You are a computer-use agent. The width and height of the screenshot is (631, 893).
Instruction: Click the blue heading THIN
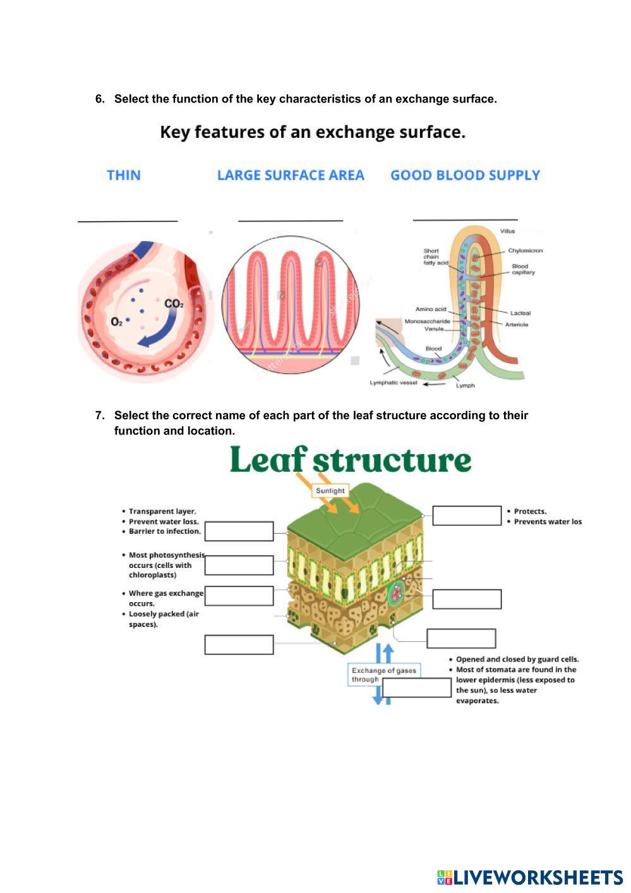pyautogui.click(x=124, y=175)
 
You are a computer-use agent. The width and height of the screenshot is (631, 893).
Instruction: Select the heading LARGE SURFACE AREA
pyautogui.click(x=291, y=175)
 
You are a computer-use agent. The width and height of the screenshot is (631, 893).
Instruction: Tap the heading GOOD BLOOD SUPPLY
pyautogui.click(x=466, y=175)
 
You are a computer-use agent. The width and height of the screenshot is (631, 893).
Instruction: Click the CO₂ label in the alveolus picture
pyautogui.click(x=174, y=304)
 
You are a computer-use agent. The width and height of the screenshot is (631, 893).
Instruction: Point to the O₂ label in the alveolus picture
pyautogui.click(x=117, y=322)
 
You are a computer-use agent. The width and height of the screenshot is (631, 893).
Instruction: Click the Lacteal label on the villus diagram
pyautogui.click(x=520, y=313)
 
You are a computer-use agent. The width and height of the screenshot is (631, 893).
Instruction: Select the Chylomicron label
pyautogui.click(x=526, y=250)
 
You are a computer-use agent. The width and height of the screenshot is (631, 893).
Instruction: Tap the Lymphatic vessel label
pyautogui.click(x=394, y=383)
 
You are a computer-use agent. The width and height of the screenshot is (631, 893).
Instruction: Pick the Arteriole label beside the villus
pyautogui.click(x=517, y=324)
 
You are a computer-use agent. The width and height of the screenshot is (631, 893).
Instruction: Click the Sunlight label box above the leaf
pyautogui.click(x=330, y=491)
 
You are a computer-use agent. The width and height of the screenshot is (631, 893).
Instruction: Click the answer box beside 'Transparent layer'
pyautogui.click(x=239, y=531)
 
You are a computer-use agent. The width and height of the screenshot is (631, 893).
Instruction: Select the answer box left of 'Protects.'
pyautogui.click(x=467, y=515)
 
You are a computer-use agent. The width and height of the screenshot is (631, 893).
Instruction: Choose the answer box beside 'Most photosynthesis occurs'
pyautogui.click(x=239, y=565)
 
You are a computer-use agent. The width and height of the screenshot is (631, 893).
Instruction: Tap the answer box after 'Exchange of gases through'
pyautogui.click(x=417, y=687)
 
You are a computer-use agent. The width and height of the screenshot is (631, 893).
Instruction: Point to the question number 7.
pyautogui.click(x=99, y=416)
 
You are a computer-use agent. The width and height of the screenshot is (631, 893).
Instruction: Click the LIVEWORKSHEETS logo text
pyautogui.click(x=538, y=877)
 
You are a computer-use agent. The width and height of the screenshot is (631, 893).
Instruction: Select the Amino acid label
pyautogui.click(x=431, y=309)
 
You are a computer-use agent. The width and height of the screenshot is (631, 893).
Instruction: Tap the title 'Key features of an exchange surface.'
pyautogui.click(x=313, y=132)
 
